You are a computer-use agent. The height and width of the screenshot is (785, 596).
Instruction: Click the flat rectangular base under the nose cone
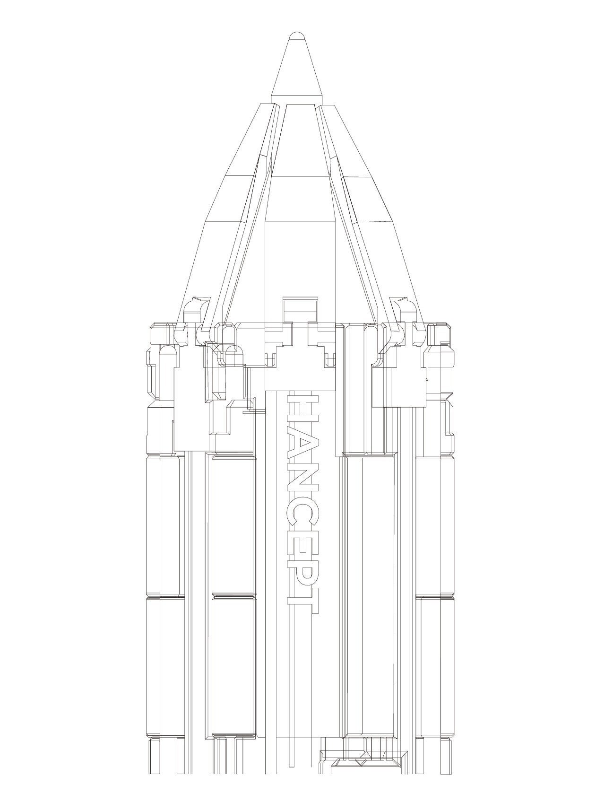pyautogui.click(x=296, y=100)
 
